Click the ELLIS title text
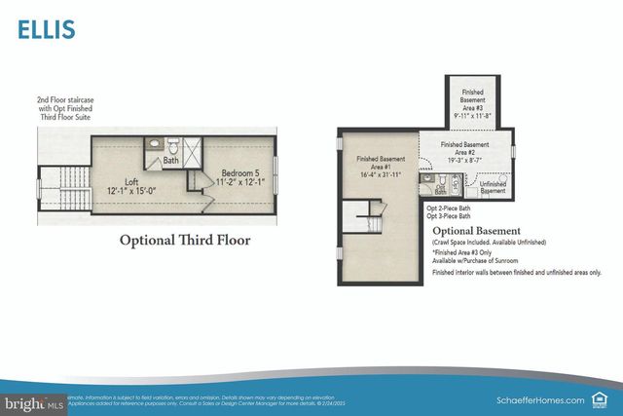45,30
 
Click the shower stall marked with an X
193,153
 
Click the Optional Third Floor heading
184,240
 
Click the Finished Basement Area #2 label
464,150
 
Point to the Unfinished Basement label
493,187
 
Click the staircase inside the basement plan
368,212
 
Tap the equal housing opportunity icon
605,398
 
